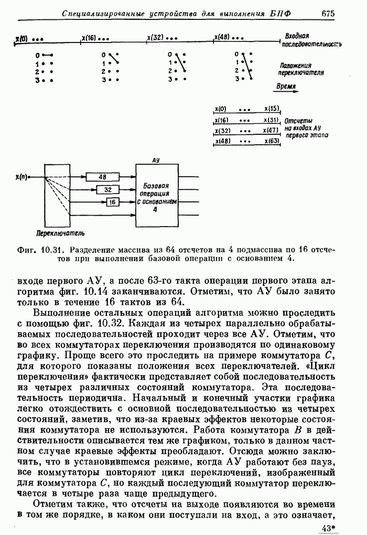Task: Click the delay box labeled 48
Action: [x=102, y=177]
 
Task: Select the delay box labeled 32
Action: [x=107, y=189]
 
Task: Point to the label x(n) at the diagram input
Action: [x=22, y=177]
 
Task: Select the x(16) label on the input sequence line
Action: [x=89, y=38]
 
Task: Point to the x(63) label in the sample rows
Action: [x=272, y=141]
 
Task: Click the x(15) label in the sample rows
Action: [x=272, y=109]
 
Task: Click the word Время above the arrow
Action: [x=286, y=86]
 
